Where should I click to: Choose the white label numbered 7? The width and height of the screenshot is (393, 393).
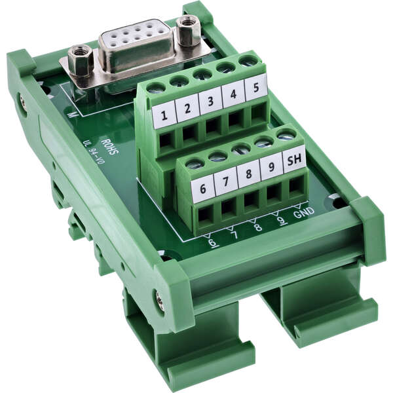226,179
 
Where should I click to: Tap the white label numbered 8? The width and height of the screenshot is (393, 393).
249,173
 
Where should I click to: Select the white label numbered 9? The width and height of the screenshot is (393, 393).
271,166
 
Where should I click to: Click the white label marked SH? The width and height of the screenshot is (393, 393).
294,159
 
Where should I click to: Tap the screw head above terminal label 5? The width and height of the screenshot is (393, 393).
248,61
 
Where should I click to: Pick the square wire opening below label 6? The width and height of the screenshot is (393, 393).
206,214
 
